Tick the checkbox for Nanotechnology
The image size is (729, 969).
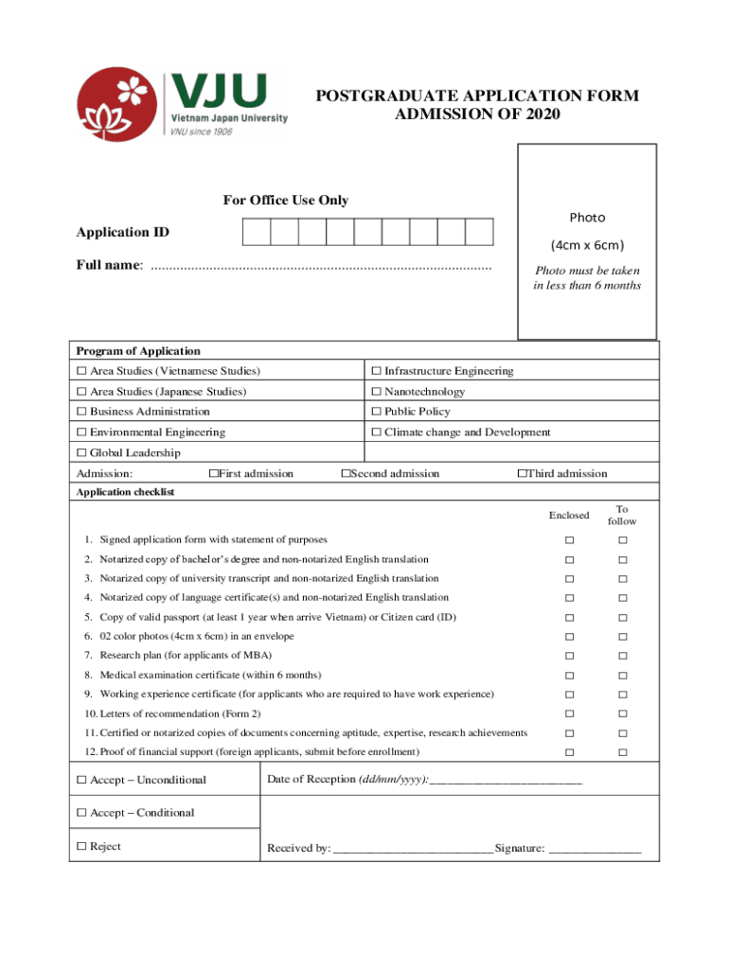click(x=376, y=392)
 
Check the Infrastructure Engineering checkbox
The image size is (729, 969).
click(x=376, y=371)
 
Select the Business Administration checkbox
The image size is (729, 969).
click(x=81, y=412)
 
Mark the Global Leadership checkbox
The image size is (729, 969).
click(x=81, y=452)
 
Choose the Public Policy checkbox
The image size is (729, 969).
click(x=376, y=412)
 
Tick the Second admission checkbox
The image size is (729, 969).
click(x=347, y=473)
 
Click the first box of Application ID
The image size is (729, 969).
click(x=257, y=232)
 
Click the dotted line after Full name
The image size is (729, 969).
click(x=321, y=266)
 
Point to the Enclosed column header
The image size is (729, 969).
click(x=569, y=515)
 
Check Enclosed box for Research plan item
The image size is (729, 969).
click(x=570, y=656)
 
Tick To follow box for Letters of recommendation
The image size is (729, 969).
click(x=623, y=714)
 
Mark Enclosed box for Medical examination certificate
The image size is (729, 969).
click(x=570, y=676)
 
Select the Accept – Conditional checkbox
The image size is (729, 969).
click(x=81, y=813)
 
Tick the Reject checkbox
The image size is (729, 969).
click(x=81, y=846)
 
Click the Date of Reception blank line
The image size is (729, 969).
click(x=506, y=781)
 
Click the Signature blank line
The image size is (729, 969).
click(x=595, y=850)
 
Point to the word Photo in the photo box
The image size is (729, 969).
click(x=587, y=218)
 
